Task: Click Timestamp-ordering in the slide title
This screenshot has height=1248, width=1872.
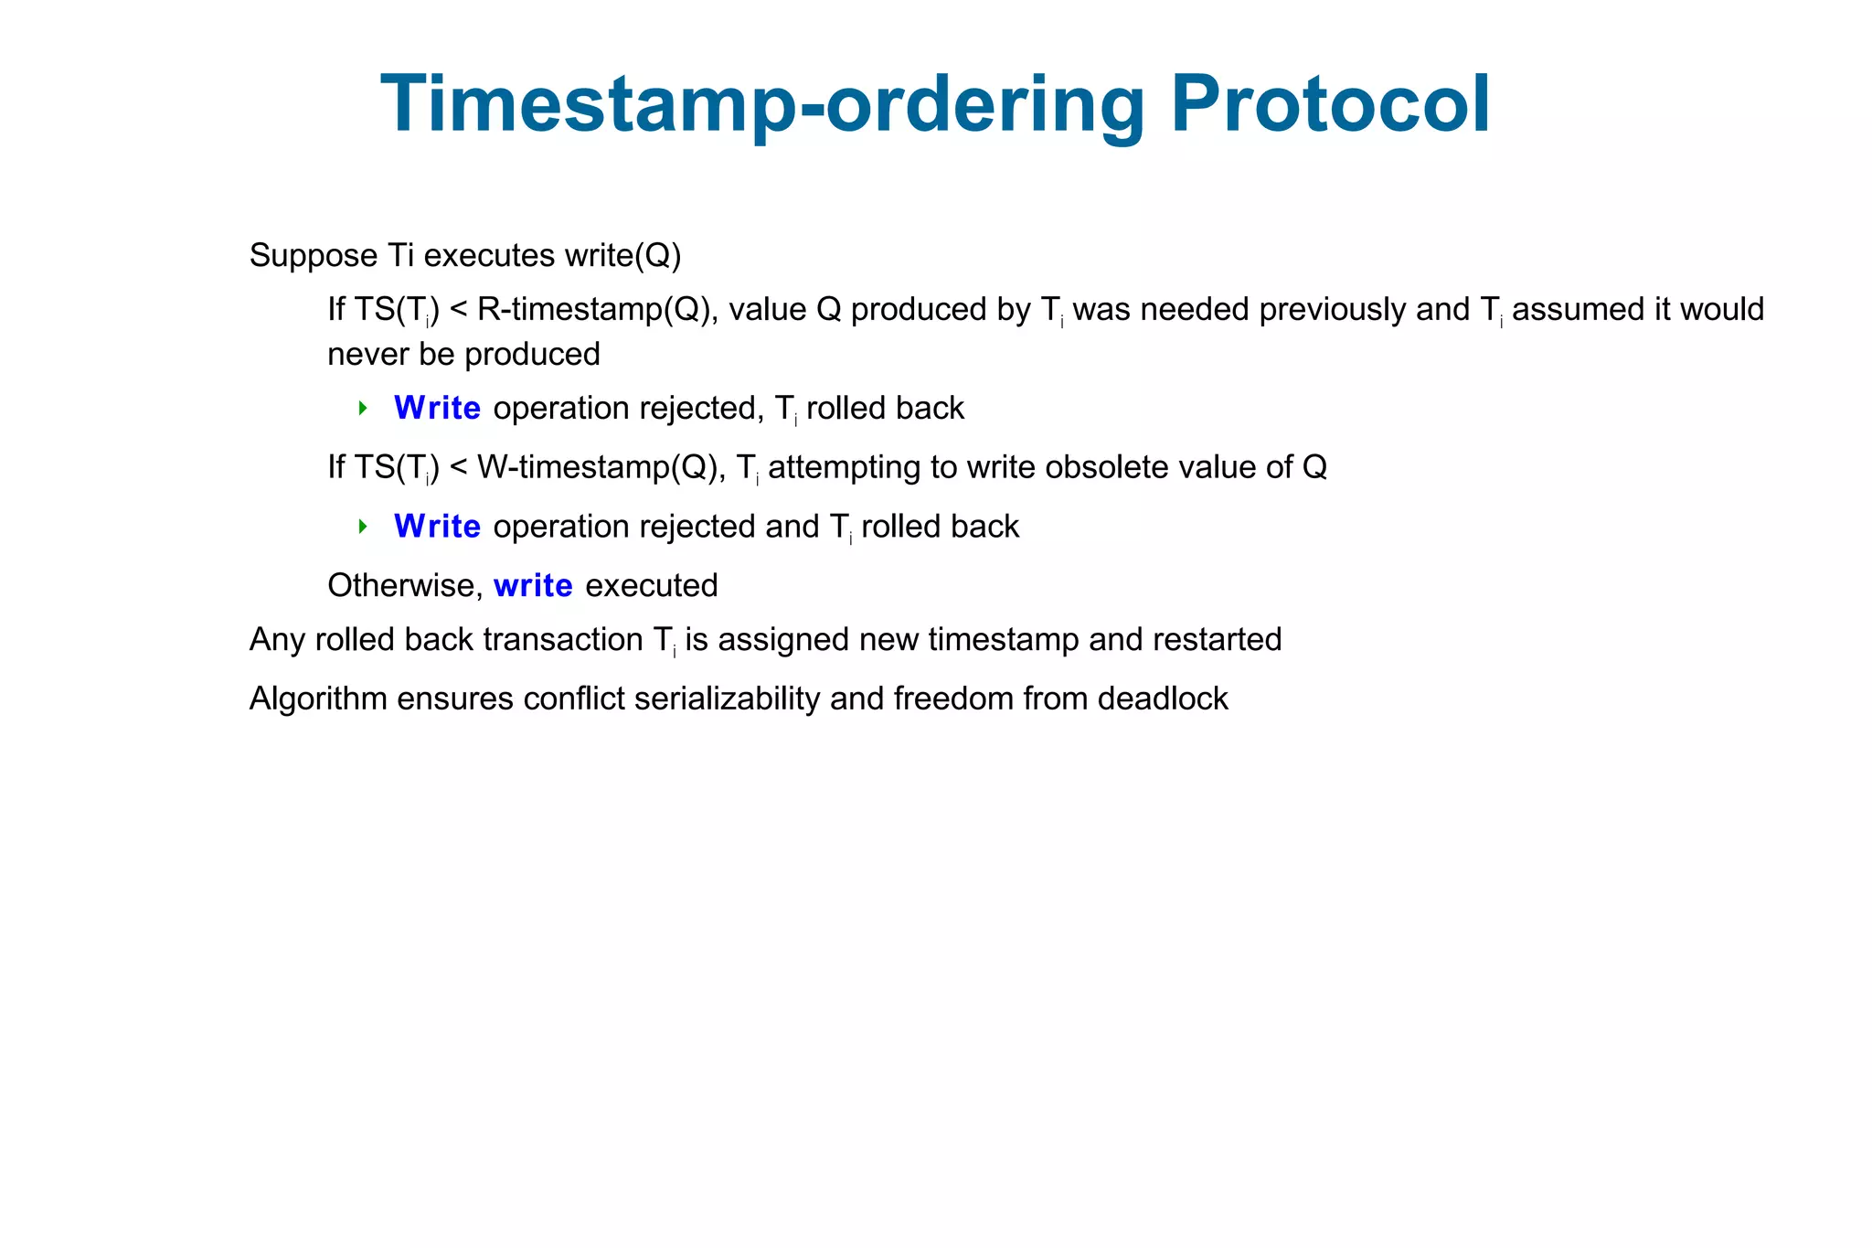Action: (x=763, y=105)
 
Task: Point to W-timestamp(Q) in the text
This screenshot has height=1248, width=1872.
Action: (x=597, y=467)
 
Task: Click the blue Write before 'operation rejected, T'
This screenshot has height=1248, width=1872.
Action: (x=437, y=408)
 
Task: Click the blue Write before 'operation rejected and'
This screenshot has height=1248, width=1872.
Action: (x=437, y=527)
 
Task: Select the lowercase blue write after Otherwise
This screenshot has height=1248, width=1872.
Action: (x=533, y=585)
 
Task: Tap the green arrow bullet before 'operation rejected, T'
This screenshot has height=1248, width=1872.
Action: (x=363, y=408)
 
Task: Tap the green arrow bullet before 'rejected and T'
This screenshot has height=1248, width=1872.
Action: (x=363, y=527)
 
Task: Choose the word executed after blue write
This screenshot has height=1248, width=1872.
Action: (x=651, y=585)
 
